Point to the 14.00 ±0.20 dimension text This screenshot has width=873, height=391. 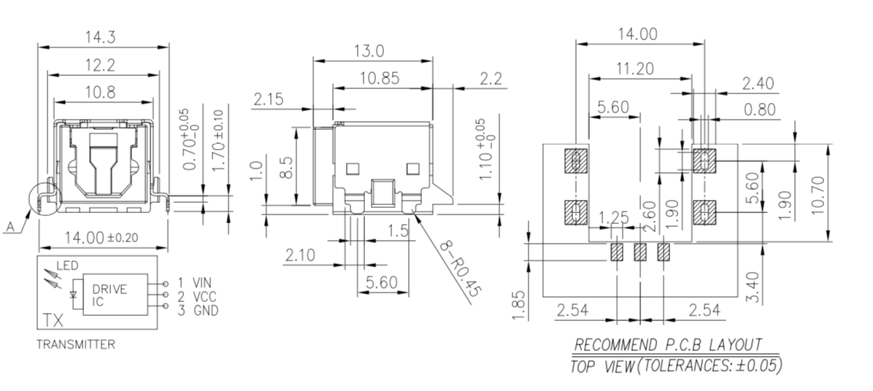coord(101,237)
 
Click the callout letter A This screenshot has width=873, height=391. coord(9,228)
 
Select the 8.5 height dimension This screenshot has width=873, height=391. coord(287,168)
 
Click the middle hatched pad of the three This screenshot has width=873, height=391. coord(640,252)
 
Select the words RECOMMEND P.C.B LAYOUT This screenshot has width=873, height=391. coord(668,344)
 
